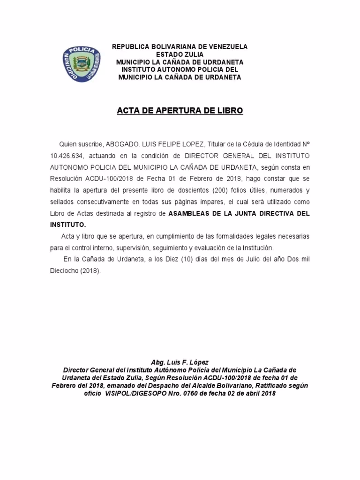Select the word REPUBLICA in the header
[x=130, y=47]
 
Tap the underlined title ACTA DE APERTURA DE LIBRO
[x=180, y=111]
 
